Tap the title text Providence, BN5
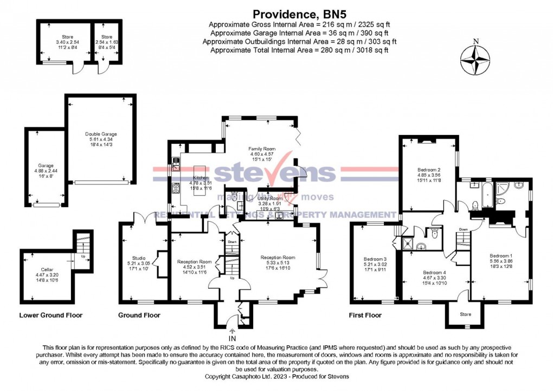pos(299,15)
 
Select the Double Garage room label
pos(101,134)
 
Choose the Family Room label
pos(259,148)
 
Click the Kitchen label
pos(201,178)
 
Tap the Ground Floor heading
pos(140,315)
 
